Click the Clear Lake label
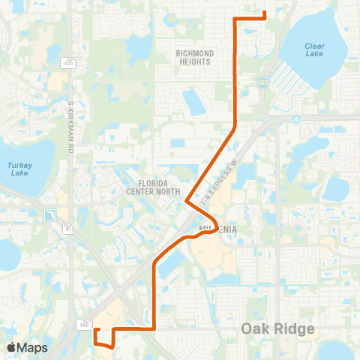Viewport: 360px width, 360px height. point(315,49)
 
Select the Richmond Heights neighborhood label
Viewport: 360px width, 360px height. point(195,58)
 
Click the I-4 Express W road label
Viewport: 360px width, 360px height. point(220,178)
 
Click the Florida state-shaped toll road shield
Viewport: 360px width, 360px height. point(50,216)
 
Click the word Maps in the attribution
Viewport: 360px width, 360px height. point(32,347)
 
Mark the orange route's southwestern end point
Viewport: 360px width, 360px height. point(97,329)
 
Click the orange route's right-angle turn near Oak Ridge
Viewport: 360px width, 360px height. point(154,328)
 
